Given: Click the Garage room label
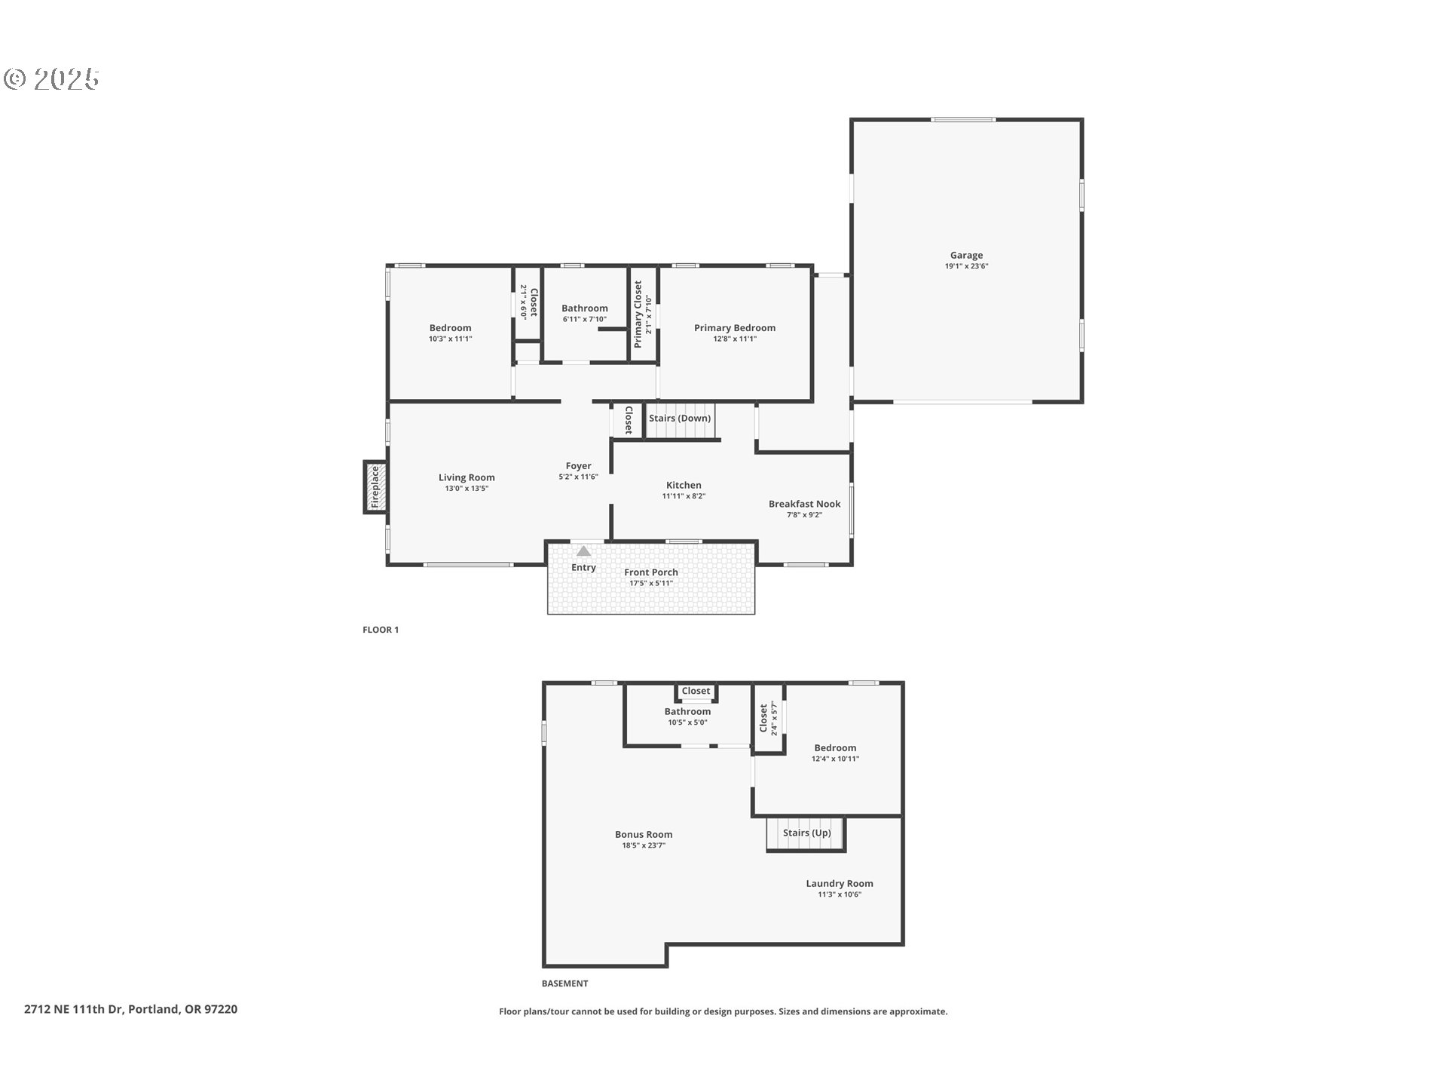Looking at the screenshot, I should pos(965,256).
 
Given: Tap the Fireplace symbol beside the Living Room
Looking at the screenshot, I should pos(375,487).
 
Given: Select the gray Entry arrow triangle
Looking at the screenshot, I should pos(583,551).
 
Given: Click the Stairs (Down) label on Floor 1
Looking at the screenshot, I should pos(679,419).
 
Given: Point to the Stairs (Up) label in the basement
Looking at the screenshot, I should pos(806,833).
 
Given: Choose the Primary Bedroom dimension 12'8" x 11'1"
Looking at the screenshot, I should pos(734,339).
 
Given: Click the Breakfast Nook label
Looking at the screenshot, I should pos(804,504).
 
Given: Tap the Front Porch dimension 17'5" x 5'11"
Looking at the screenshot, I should pos(650,583).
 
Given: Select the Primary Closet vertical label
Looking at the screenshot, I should pos(638,314).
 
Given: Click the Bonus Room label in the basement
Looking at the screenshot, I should pos(643,834).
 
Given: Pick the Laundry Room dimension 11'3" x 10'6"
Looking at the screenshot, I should pos(839,894).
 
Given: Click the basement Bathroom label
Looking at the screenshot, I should pos(687,711).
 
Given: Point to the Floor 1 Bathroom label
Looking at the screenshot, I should pos(584,308).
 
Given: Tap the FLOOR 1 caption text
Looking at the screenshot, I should pos(381,630).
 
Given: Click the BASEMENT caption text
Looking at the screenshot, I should pos(564,983).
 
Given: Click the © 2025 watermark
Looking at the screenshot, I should pos(51,79).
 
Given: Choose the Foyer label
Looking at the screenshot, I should pos(578,466).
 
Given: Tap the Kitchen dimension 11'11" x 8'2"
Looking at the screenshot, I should pos(683,496).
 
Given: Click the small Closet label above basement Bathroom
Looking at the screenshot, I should pos(695,691).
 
